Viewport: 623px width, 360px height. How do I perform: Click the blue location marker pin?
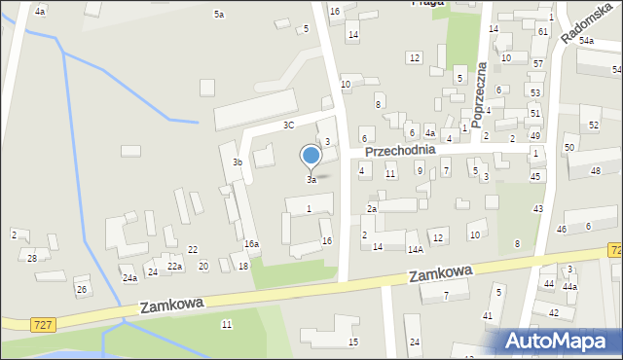pyautogui.click(x=311, y=156)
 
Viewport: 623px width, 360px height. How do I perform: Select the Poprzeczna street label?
pyautogui.click(x=478, y=94)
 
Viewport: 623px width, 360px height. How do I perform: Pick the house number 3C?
pyautogui.click(x=288, y=126)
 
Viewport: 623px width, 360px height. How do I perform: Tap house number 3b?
pyautogui.click(x=238, y=162)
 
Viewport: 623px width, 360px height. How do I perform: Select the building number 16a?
pyautogui.click(x=251, y=244)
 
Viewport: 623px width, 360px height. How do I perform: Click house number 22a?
pyautogui.click(x=174, y=267)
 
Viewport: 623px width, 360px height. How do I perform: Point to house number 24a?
pyautogui.click(x=129, y=278)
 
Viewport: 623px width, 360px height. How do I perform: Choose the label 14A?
pyautogui.click(x=414, y=248)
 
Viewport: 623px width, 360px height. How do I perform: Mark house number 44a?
pyautogui.click(x=569, y=287)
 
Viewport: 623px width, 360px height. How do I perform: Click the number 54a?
pyautogui.click(x=586, y=41)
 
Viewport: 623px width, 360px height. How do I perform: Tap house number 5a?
pyautogui.click(x=219, y=15)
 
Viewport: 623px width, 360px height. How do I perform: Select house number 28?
pyautogui.click(x=32, y=258)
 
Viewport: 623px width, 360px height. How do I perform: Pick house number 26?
pyautogui.click(x=82, y=290)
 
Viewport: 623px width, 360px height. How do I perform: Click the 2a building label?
pyautogui.click(x=371, y=209)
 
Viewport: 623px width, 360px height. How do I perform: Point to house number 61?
pyautogui.click(x=541, y=32)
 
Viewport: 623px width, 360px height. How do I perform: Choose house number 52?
pyautogui.click(x=594, y=126)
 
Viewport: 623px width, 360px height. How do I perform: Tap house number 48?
pyautogui.click(x=596, y=171)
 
